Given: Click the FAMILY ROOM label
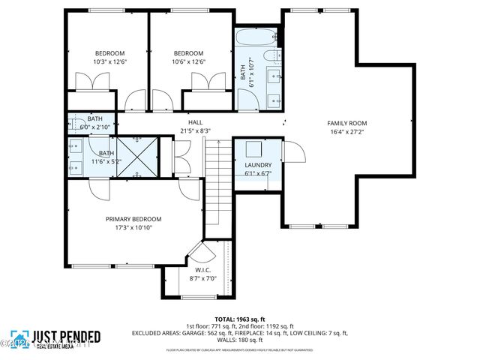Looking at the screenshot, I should tap(346, 123).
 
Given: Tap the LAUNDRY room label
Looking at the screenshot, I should tap(257, 165).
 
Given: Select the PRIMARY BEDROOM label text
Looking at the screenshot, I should tap(133, 219).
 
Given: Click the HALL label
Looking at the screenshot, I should tap(195, 122).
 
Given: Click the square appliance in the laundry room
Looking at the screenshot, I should tap(253, 148).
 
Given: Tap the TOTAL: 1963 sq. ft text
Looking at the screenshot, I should tap(241, 318).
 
